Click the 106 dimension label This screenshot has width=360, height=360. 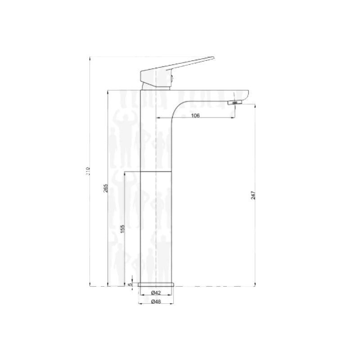tap(195, 115)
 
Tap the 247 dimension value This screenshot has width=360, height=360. tap(253, 195)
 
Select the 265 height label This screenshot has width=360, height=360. tap(105, 188)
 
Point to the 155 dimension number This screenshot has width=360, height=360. tap(122, 229)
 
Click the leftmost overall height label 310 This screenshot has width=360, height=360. tap(89, 171)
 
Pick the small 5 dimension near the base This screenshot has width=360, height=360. tap(130, 284)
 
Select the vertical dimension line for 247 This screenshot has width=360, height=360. tap(255, 148)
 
